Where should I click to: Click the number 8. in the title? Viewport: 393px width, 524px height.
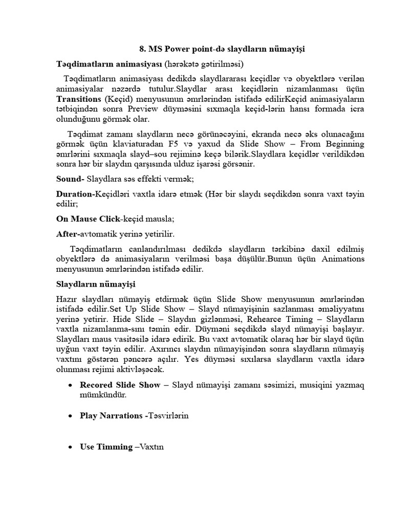click(x=143, y=49)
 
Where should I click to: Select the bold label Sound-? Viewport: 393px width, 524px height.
click(x=70, y=179)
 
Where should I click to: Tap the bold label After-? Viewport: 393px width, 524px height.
click(x=68, y=234)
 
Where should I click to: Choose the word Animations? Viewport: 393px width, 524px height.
click(x=343, y=258)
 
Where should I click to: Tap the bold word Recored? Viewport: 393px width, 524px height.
click(x=97, y=385)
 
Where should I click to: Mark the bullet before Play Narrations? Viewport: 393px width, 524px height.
click(x=70, y=416)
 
